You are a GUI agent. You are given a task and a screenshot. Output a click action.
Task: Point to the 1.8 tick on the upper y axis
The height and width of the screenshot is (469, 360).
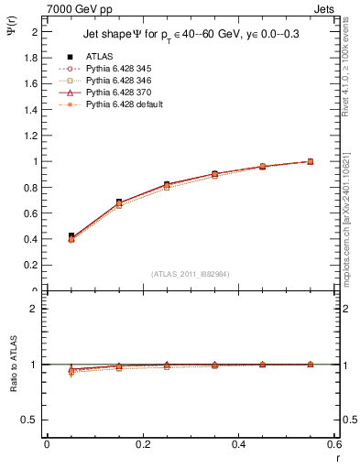pos(34,57)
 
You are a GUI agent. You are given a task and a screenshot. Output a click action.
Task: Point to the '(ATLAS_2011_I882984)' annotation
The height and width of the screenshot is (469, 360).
pos(191,274)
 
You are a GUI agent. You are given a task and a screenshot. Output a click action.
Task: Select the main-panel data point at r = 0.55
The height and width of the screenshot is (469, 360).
pos(311,161)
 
